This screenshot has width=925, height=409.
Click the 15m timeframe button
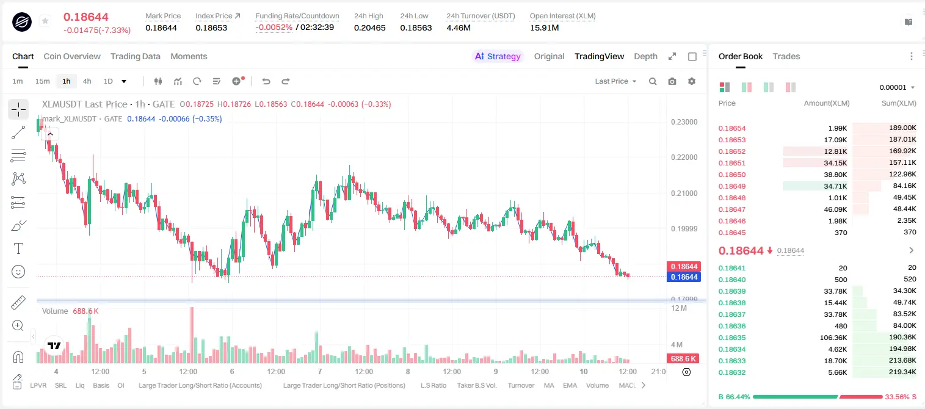pos(43,81)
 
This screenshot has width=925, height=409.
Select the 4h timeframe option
pos(87,81)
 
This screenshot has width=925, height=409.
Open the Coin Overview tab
pos(72,56)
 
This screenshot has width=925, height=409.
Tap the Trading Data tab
pos(135,56)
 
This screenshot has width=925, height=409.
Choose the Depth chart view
pos(645,56)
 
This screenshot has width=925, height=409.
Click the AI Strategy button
pos(498,56)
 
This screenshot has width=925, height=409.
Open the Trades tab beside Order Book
pos(786,56)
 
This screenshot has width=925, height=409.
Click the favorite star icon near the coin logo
pos(45,21)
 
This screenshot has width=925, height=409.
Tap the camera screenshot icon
pos(672,81)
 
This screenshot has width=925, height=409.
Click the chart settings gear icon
pos(692,81)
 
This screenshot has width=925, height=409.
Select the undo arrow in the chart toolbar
pos(266,81)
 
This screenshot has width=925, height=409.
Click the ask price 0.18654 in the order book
pos(732,128)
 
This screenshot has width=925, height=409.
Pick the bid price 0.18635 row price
pos(732,338)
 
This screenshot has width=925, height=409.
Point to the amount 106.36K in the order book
pos(833,338)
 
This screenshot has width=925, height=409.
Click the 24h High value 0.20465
pos(369,27)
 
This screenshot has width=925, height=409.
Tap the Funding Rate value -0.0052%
pos(274,27)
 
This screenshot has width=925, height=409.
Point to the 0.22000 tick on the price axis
pos(684,157)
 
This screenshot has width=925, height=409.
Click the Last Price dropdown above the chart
pos(615,81)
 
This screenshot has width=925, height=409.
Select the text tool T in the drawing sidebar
pos(18,248)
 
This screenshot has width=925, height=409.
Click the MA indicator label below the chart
pos(549,385)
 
